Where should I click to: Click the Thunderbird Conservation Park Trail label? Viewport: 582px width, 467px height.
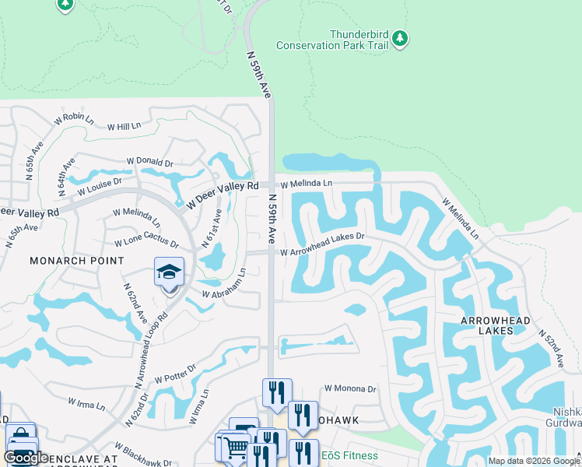tap(358, 40)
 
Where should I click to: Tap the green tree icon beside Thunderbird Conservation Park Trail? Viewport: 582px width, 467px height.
tap(399, 38)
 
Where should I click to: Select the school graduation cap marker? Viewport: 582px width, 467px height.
tap(169, 272)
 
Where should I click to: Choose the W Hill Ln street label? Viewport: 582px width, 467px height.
tap(124, 126)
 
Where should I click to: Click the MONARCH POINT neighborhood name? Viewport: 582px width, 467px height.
tap(76, 261)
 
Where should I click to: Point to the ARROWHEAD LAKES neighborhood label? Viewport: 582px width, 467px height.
tap(497, 325)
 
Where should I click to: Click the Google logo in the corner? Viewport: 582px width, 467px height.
tap(26, 458)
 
